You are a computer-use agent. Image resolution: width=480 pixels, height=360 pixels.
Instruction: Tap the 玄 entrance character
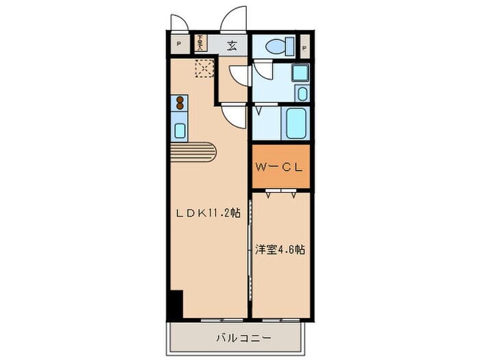[232, 46]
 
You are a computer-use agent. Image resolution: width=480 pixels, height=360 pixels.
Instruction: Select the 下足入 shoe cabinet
[200, 44]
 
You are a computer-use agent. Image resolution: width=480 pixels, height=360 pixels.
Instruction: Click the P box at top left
[178, 45]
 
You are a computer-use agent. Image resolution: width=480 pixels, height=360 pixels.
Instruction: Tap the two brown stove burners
[180, 104]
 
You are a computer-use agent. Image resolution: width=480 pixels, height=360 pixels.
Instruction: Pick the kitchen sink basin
[180, 130]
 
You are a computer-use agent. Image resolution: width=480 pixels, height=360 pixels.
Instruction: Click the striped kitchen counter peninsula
[195, 151]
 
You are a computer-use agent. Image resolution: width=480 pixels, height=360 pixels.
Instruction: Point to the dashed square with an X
[204, 69]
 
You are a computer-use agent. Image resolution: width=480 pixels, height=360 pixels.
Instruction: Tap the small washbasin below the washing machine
[301, 93]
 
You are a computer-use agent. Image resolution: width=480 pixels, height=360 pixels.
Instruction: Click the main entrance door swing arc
[234, 19]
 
